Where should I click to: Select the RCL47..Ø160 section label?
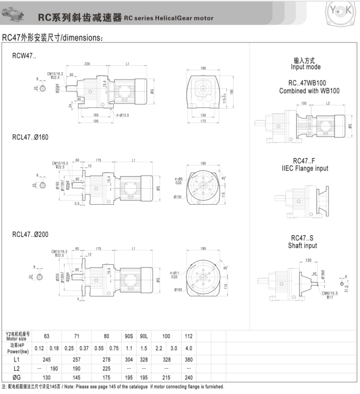pyautogui.click(x=33, y=139)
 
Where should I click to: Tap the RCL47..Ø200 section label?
pyautogui.click(x=33, y=234)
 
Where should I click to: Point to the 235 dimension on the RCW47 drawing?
pyautogui.click(x=87, y=64)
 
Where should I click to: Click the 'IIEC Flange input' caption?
pyautogui.click(x=305, y=169)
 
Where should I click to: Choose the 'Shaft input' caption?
pyautogui.click(x=303, y=246)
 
